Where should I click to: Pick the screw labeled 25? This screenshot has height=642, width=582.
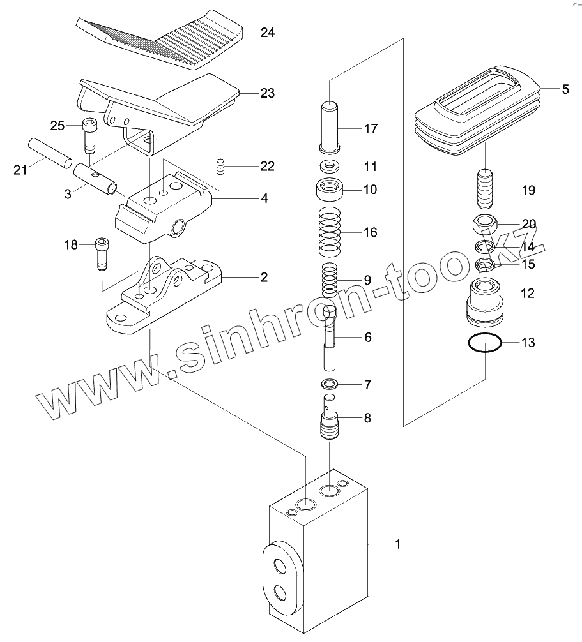pos(89,135)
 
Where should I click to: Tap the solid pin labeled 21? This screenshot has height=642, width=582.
pos(48,153)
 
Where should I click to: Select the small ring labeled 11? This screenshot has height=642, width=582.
pos(330,167)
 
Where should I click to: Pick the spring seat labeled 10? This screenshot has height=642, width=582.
pos(330,190)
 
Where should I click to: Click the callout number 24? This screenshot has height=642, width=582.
pos(267,32)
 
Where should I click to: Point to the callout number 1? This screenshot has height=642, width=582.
pos(397,544)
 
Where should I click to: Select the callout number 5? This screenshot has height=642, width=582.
pos(564,89)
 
